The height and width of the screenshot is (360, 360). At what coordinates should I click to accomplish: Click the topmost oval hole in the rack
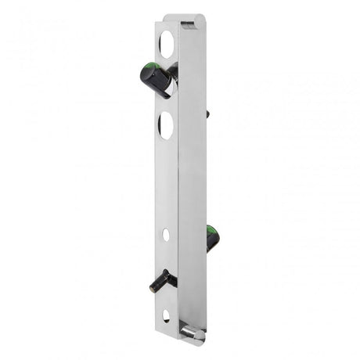tap(167, 42)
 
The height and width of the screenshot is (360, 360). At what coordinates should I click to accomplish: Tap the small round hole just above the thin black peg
tap(166, 234)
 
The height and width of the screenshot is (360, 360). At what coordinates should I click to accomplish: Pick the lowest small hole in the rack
tap(166, 316)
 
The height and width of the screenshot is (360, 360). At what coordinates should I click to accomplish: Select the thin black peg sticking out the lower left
tap(161, 281)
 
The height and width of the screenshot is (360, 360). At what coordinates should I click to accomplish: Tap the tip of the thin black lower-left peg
tap(152, 286)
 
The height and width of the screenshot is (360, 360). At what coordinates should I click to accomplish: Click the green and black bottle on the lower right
tap(212, 238)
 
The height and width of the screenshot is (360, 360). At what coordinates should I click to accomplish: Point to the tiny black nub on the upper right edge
tap(207, 114)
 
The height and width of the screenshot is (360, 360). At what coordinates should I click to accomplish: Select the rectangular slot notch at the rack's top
tap(188, 24)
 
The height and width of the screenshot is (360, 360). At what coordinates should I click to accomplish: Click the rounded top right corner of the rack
tap(203, 17)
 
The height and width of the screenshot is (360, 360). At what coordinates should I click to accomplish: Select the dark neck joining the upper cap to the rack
tap(173, 71)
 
